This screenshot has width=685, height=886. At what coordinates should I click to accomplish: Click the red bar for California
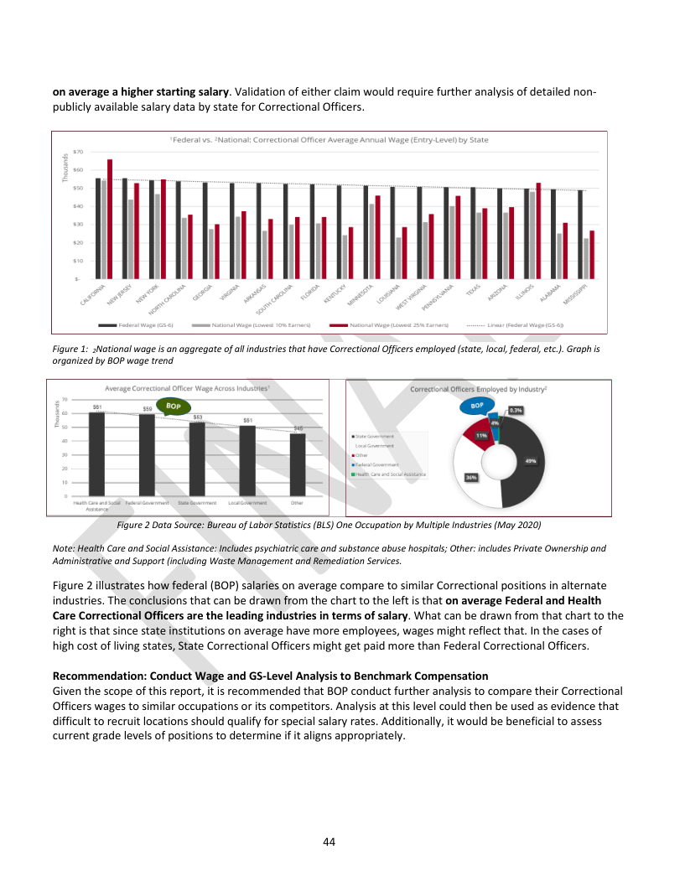coord(110,218)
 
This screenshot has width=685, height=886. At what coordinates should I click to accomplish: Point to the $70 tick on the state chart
coord(78,152)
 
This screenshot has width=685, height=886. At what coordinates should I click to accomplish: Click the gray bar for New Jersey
coord(131,238)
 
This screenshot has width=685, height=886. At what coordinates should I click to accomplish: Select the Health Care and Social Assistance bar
coord(96,453)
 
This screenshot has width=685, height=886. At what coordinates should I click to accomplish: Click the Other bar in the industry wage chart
coord(297,463)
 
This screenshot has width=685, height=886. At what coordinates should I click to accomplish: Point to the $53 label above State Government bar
coord(198,417)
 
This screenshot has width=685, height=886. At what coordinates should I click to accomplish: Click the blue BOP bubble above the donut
coord(477,406)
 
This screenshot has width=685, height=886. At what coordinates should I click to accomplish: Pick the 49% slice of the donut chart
coord(530,461)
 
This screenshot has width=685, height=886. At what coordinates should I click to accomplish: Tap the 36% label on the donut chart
coord(471,477)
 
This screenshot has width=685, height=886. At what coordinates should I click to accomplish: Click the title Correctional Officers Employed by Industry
coord(478,389)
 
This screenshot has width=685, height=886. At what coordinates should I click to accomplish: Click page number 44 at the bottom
coord(330,841)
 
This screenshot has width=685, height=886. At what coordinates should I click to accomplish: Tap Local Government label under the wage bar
coord(247,503)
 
